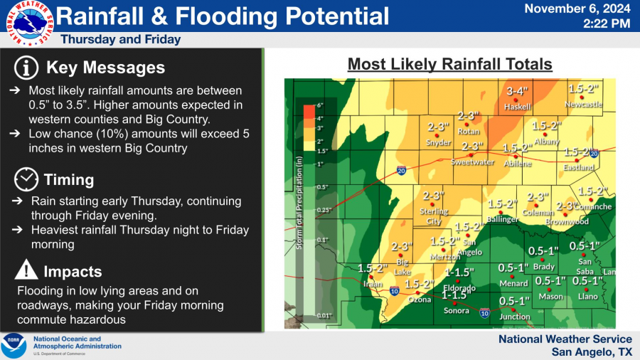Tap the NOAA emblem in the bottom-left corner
click(14, 345)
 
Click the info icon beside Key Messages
click(27, 68)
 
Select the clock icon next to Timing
click(26, 179)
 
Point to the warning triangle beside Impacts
click(26, 270)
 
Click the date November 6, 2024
click(577, 9)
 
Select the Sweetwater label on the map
click(472, 162)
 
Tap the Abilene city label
click(517, 163)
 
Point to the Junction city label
click(514, 317)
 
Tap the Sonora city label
click(456, 310)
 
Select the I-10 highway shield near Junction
click(484, 312)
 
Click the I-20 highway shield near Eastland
click(594, 153)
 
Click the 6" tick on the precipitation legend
click(320, 105)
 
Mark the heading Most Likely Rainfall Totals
click(449, 65)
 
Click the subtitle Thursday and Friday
click(121, 40)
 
